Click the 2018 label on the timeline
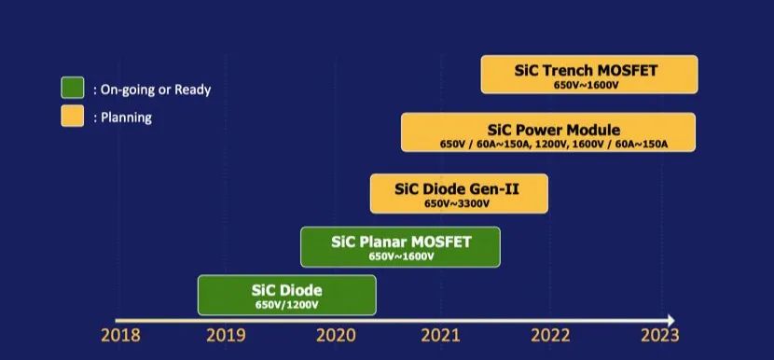(120, 336)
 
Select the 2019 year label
(226, 336)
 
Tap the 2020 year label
(336, 336)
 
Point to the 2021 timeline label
(440, 336)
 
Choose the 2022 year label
(550, 336)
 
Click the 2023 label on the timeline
(660, 336)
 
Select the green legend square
(73, 88)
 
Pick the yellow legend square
(73, 116)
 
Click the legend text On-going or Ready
(152, 90)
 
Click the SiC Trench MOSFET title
(586, 71)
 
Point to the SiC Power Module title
(553, 130)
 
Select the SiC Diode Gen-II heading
(457, 189)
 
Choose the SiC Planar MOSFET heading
(401, 242)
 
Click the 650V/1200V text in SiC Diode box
(287, 305)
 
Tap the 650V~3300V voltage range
(457, 203)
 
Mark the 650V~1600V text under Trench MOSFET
(587, 85)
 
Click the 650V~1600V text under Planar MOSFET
(401, 256)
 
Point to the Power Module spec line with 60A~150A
(554, 145)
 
